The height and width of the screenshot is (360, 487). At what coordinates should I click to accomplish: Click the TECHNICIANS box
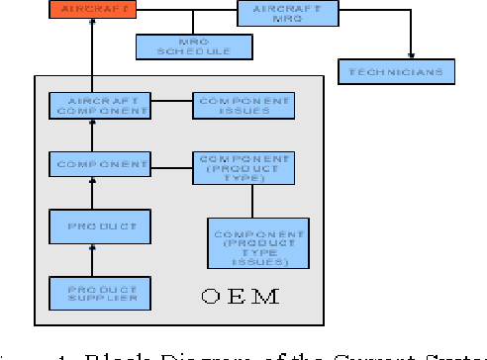coord(397,72)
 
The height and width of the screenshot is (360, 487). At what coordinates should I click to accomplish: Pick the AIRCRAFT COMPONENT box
coord(99,107)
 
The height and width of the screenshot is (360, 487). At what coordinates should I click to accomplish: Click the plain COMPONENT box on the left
coord(99,163)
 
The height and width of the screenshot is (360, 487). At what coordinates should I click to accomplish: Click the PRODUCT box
coord(99,227)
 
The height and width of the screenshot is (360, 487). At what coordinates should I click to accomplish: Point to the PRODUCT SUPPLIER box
coord(99,293)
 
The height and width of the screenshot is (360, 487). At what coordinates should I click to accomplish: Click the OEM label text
coord(240,296)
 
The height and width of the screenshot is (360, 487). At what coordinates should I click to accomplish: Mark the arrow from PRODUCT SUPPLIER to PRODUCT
coord(93,262)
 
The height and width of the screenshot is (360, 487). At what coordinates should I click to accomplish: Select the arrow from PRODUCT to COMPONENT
coord(93,195)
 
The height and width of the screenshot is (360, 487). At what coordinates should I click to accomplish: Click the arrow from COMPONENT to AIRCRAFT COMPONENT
coord(93,136)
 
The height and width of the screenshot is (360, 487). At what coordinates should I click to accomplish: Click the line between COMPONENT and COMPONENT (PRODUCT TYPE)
coord(170,164)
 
